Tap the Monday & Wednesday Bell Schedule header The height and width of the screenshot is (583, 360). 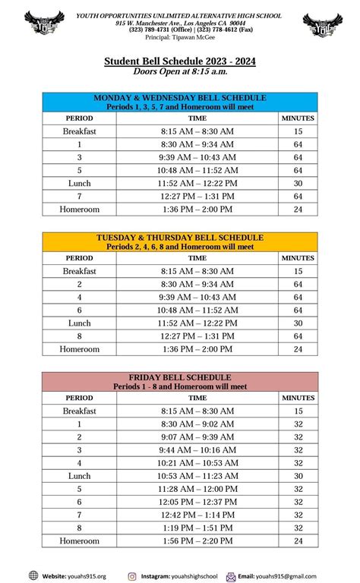click(x=180, y=102)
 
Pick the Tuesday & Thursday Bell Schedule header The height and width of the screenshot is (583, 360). click(x=180, y=241)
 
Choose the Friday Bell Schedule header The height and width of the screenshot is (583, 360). click(x=180, y=381)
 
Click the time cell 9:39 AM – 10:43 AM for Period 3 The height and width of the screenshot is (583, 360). click(x=197, y=157)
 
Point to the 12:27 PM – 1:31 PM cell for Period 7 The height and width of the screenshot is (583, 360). click(x=197, y=197)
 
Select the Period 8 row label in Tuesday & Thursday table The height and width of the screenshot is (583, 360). click(x=79, y=336)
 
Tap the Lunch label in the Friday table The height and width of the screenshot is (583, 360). click(x=79, y=476)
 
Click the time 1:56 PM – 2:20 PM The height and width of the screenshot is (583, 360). click(x=197, y=541)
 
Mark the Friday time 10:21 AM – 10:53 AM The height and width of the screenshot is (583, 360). click(x=197, y=463)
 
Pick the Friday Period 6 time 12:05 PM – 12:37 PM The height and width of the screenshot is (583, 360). click(x=197, y=502)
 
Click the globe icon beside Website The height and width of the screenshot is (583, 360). click(x=33, y=575)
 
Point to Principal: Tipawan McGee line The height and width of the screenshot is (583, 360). click(x=180, y=37)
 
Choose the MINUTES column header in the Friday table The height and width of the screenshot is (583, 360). click(x=298, y=398)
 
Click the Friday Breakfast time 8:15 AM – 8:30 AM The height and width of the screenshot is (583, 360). click(x=197, y=411)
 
